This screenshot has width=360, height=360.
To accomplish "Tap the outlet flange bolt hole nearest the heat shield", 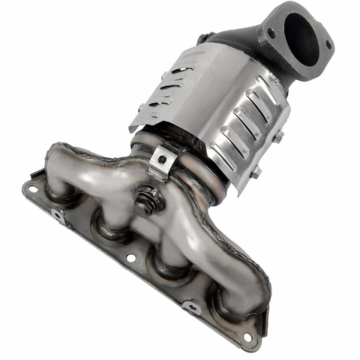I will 271,33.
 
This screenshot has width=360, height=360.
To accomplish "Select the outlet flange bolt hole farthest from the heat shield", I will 328,45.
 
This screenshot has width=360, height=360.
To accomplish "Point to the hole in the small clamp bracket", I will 162,160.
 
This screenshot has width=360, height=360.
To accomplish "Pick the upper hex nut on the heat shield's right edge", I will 278,136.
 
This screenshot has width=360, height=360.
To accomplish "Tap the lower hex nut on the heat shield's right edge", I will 256,172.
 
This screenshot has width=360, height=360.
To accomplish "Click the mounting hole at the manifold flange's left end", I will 33,189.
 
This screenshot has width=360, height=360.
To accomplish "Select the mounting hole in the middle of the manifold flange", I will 131,258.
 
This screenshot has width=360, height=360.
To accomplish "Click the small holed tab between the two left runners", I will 59,216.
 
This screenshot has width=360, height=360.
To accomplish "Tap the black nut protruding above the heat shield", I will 202,38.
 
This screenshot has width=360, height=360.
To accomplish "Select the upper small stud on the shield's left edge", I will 164,75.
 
